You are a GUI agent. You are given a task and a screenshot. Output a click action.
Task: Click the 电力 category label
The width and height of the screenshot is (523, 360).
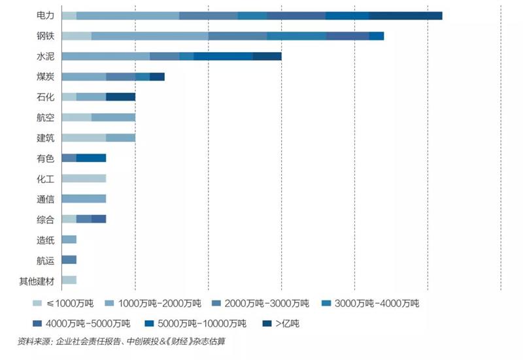coord(45,16)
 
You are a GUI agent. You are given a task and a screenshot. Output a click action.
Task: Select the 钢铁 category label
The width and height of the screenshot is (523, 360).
coord(45,36)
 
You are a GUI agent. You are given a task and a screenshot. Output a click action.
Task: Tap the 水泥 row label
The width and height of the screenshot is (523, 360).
coord(45,56)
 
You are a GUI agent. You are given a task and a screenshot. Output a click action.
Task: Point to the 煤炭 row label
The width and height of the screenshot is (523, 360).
coord(45,76)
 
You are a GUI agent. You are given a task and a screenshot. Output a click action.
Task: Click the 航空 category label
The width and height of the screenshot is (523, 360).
coord(45,117)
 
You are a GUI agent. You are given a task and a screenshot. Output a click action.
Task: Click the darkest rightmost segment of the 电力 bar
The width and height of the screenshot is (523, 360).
coord(405,16)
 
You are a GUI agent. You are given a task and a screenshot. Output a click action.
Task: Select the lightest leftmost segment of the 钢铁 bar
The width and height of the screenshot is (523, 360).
coord(76,36)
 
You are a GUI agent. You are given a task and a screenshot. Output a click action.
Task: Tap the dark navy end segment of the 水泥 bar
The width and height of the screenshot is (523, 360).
coord(267,56)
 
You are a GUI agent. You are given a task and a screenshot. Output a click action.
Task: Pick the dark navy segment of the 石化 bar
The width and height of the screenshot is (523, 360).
coord(120,97)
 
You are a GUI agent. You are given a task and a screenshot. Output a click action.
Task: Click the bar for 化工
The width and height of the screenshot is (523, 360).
coord(83,178)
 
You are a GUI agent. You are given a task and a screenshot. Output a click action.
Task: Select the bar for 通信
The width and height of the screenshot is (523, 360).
coord(83,199)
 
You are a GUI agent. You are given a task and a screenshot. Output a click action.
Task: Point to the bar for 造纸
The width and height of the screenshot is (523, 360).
coord(69,239)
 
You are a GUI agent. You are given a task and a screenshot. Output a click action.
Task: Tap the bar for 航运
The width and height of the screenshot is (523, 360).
coord(69,259)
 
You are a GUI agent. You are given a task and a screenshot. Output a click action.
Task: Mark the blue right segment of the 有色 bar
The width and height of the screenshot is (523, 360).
coord(91,157)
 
